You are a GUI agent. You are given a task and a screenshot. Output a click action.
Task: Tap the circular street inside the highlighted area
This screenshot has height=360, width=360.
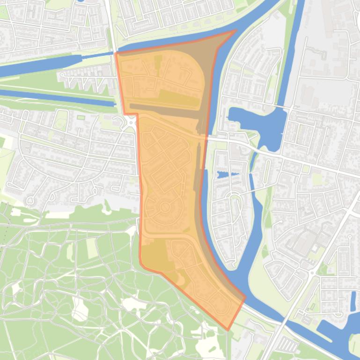click(x=165, y=207)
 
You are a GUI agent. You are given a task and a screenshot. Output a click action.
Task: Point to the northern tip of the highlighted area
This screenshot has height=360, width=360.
click(x=235, y=31)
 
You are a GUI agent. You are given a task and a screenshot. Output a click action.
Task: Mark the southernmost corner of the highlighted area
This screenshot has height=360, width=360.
click(x=228, y=330)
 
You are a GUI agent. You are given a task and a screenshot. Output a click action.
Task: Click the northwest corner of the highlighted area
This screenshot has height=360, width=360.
click(x=116, y=53)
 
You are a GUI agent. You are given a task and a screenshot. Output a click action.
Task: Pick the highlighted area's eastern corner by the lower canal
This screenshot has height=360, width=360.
click(x=245, y=297)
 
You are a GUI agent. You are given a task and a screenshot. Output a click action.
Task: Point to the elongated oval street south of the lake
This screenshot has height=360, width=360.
click(x=235, y=206)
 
